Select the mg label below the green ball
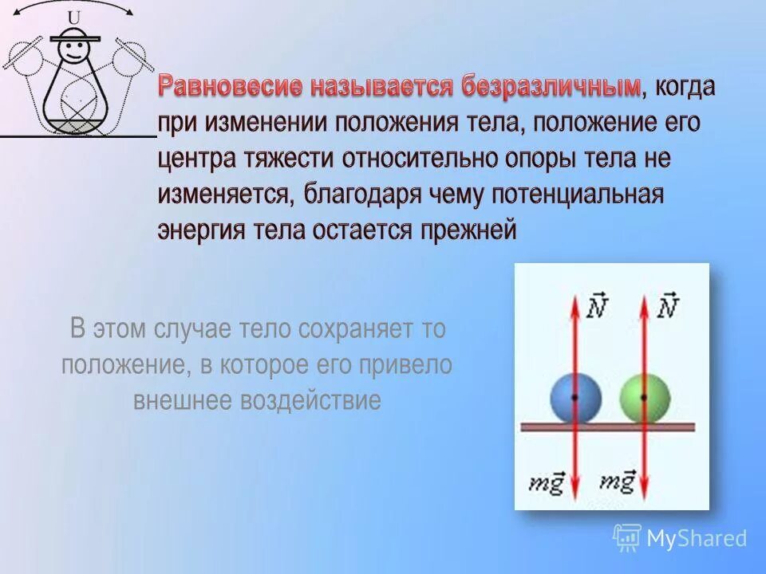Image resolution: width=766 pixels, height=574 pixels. point(618,482)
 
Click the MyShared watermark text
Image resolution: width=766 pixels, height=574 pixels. point(697,538)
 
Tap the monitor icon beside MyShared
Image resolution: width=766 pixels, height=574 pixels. point(627,537)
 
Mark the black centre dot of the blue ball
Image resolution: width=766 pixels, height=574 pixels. point(574,396)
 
